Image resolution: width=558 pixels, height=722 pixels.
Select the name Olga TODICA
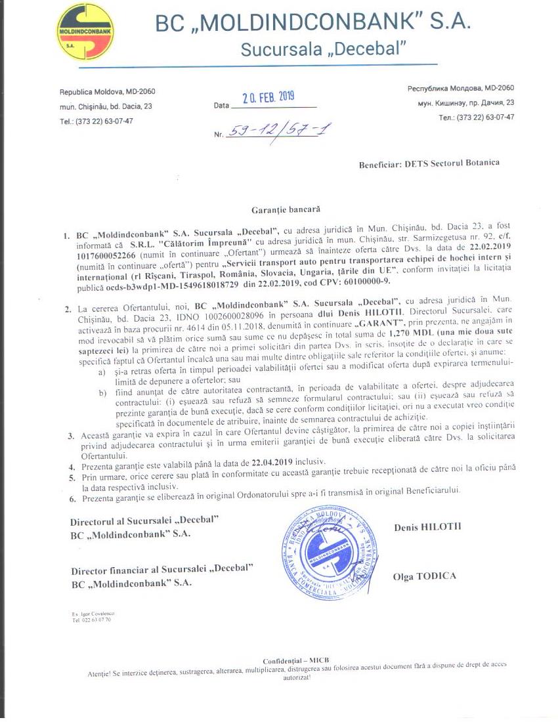coord(424,576)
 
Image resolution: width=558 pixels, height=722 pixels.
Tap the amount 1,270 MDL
coord(403,333)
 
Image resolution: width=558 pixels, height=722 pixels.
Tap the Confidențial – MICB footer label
coord(295,660)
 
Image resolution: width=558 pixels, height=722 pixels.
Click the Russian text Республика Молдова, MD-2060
coord(461,88)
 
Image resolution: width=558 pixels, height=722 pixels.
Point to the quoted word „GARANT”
coord(375,324)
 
